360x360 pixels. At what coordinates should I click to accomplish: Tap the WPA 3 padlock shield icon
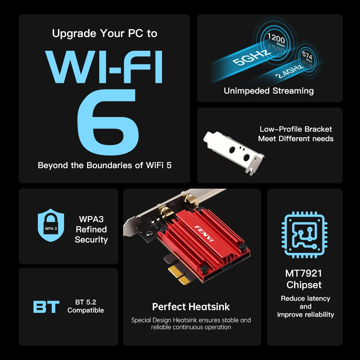pos(51,226)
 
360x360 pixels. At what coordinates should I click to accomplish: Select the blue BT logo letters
pos(46,307)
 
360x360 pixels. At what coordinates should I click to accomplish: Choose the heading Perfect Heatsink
pos(191,307)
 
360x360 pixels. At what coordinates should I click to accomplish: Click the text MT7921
pos(304,273)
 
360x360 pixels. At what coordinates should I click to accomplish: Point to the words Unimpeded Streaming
pos(269,91)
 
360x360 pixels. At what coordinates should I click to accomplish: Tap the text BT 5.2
pos(85,302)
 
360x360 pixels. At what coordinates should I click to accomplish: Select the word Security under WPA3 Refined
pos(91,240)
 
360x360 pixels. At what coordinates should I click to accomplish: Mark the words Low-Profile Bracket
pos(296,129)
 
